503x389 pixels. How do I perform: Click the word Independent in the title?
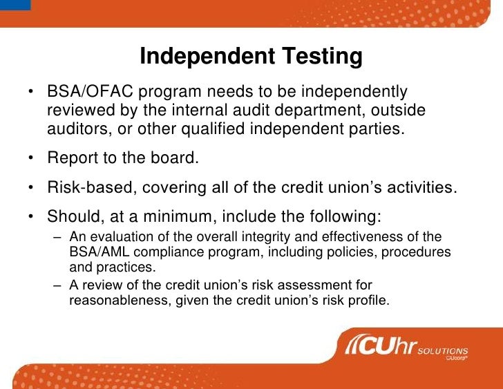click(197, 57)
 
